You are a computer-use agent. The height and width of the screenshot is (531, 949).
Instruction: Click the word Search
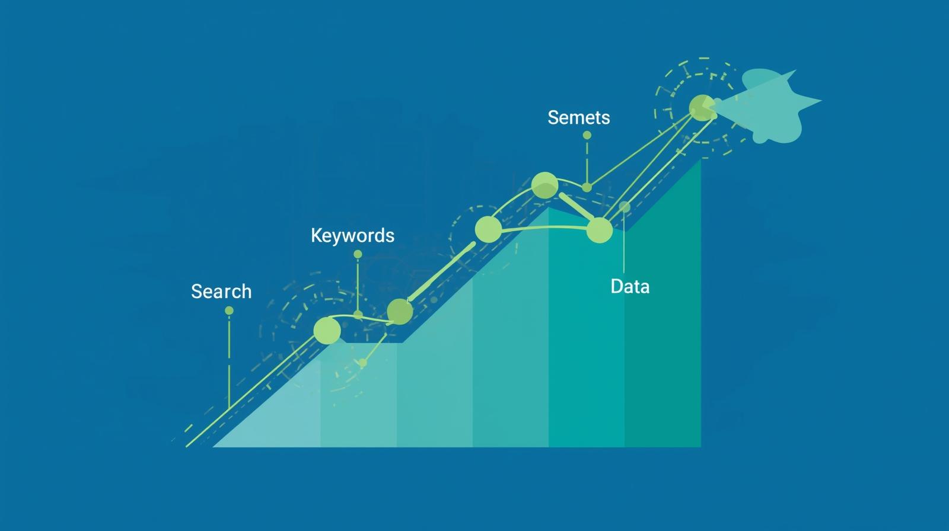click(x=221, y=292)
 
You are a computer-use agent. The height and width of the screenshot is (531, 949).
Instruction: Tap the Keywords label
click(x=352, y=236)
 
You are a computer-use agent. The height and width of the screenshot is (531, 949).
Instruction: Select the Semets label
click(x=578, y=117)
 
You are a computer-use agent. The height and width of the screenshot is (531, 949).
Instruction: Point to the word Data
click(x=630, y=287)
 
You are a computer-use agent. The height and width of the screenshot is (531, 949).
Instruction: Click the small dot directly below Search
click(x=229, y=311)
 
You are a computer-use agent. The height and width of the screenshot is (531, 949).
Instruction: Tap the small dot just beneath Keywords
click(x=358, y=254)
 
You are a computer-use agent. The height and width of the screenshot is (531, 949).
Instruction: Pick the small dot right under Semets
click(x=587, y=135)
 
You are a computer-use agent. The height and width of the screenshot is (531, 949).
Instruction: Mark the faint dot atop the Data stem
click(x=625, y=207)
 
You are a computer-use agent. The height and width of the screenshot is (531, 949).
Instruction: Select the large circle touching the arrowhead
click(x=702, y=108)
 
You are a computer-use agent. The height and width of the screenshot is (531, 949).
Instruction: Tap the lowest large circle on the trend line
click(x=327, y=330)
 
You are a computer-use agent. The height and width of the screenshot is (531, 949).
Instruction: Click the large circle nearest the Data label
click(x=599, y=230)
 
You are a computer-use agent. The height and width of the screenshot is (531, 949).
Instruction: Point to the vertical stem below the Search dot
click(x=229, y=362)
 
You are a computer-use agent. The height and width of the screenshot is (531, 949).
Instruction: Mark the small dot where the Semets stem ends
click(x=587, y=187)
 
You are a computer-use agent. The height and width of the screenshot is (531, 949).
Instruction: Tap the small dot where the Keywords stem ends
click(x=358, y=314)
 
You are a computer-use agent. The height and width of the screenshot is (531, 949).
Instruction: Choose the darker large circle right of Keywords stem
click(x=399, y=311)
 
